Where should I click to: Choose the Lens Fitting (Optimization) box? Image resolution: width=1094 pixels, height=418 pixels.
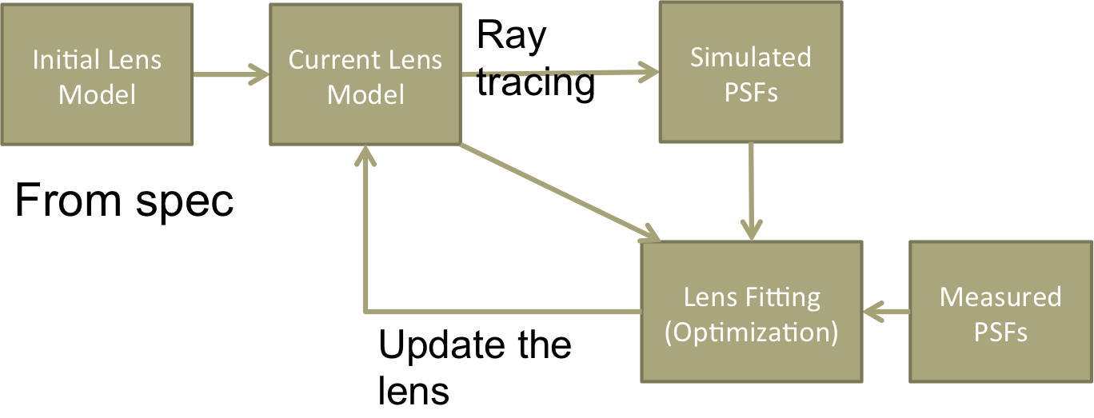coord(752,312)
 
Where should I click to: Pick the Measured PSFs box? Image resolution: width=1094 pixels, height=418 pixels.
coord(1000,312)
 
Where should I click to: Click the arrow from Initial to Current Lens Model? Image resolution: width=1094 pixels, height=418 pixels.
coord(231,75)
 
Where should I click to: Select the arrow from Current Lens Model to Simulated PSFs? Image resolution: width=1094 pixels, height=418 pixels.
coord(560,74)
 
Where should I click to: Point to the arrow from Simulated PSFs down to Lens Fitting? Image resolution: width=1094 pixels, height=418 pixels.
coord(751,192)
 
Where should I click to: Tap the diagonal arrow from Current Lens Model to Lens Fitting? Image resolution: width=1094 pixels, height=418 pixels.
coord(560,192)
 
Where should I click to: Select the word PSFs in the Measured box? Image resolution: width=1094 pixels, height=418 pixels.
coord(1000,331)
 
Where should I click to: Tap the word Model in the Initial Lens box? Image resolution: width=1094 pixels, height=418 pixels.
coord(97,94)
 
